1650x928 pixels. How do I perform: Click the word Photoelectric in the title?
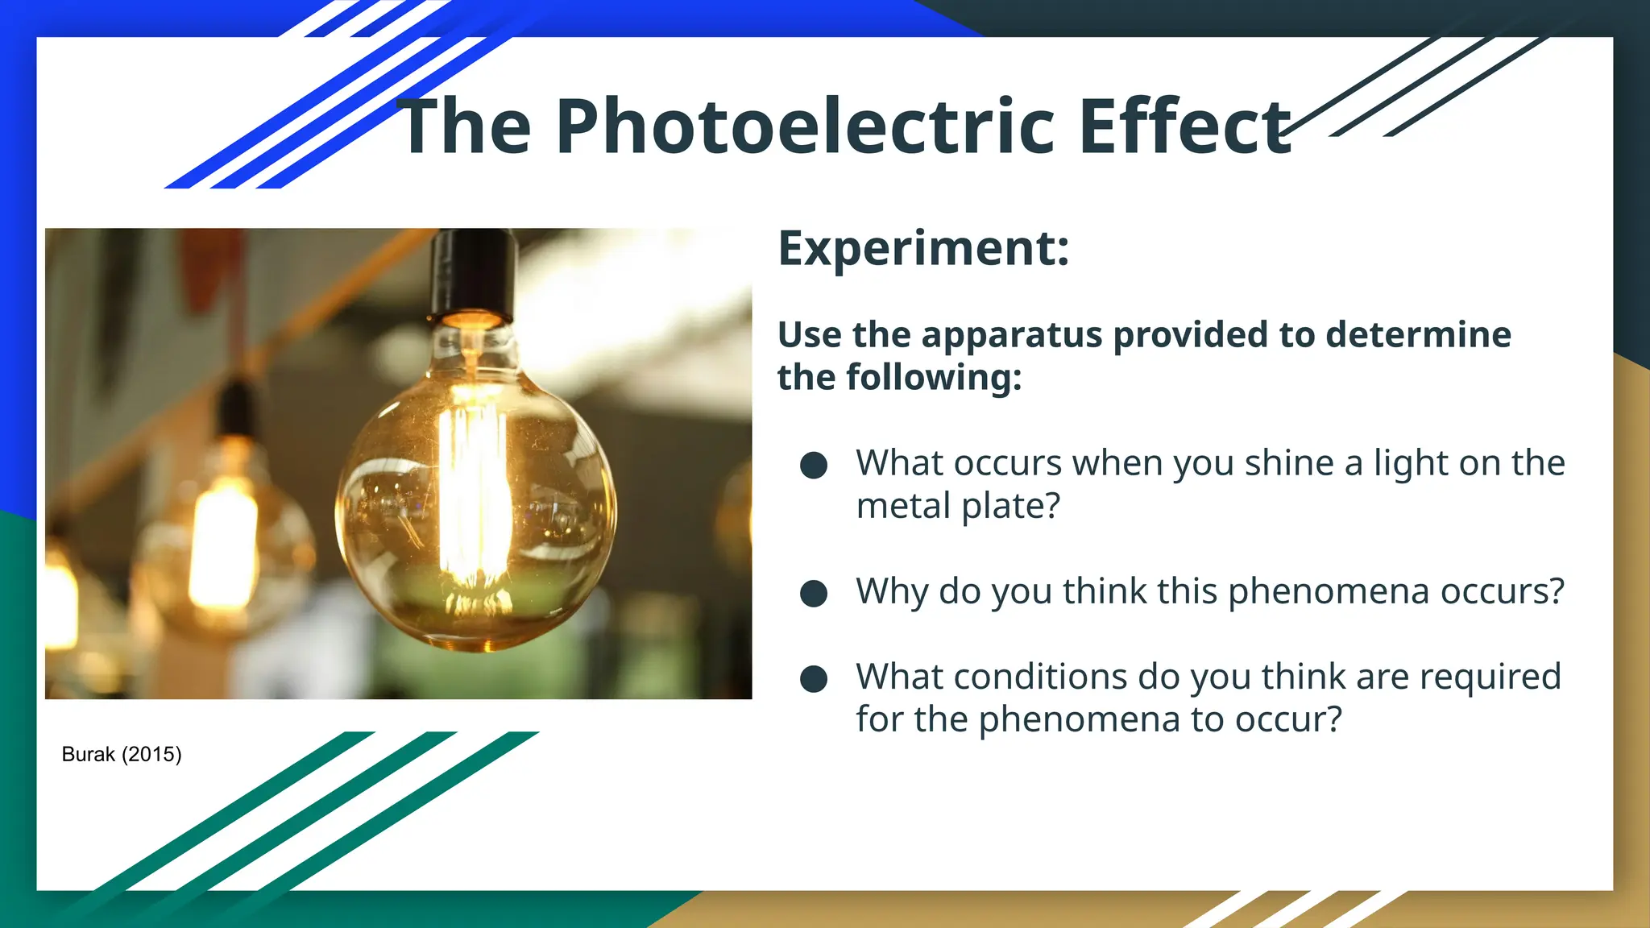[804, 127]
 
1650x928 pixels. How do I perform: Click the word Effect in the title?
[1184, 127]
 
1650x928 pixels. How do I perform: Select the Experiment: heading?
[923, 249]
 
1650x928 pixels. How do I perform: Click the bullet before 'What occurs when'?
[814, 465]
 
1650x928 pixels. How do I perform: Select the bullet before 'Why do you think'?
[814, 593]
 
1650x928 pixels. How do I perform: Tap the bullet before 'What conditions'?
[814, 678]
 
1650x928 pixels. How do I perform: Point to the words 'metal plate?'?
[958, 507]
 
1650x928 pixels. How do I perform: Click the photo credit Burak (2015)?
[122, 755]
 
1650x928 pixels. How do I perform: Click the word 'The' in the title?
[464, 127]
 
